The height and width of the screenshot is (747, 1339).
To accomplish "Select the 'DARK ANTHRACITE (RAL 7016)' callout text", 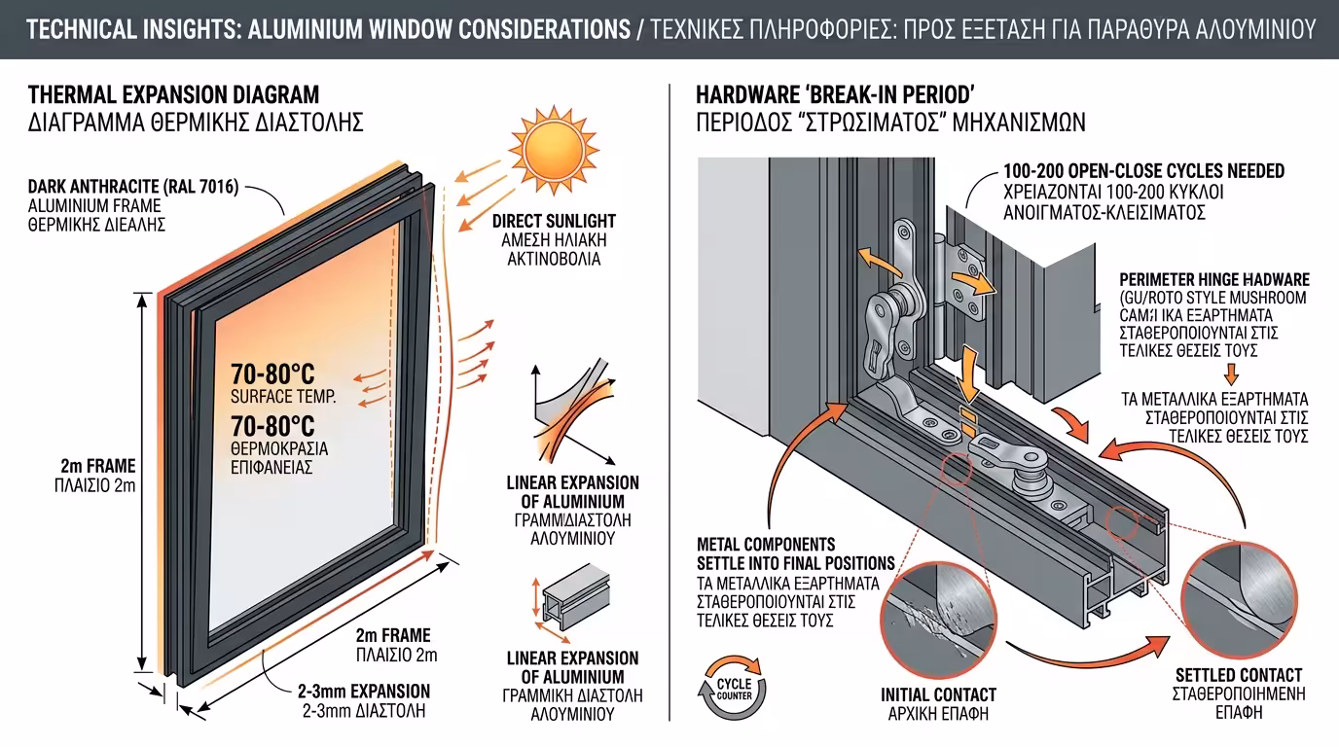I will (x=133, y=187).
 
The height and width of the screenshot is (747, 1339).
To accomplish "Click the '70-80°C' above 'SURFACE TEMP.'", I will (x=272, y=374).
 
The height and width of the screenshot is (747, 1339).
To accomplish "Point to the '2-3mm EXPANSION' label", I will (x=364, y=692).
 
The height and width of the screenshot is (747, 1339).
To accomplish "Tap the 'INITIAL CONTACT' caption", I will (x=938, y=694).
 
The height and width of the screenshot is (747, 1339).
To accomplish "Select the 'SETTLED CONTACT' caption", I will (x=1238, y=675).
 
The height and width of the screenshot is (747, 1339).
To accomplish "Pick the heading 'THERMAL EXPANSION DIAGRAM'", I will (x=174, y=94).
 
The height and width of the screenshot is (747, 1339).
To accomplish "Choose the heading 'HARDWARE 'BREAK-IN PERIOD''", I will (x=835, y=94).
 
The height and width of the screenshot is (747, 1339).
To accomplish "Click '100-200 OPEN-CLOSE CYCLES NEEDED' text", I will (x=1143, y=171).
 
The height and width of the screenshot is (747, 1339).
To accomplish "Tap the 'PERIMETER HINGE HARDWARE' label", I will (x=1214, y=279).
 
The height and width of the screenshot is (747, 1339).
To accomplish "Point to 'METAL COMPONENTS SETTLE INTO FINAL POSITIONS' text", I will (x=795, y=553).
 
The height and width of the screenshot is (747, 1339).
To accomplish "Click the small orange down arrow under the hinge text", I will (x=1230, y=373).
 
